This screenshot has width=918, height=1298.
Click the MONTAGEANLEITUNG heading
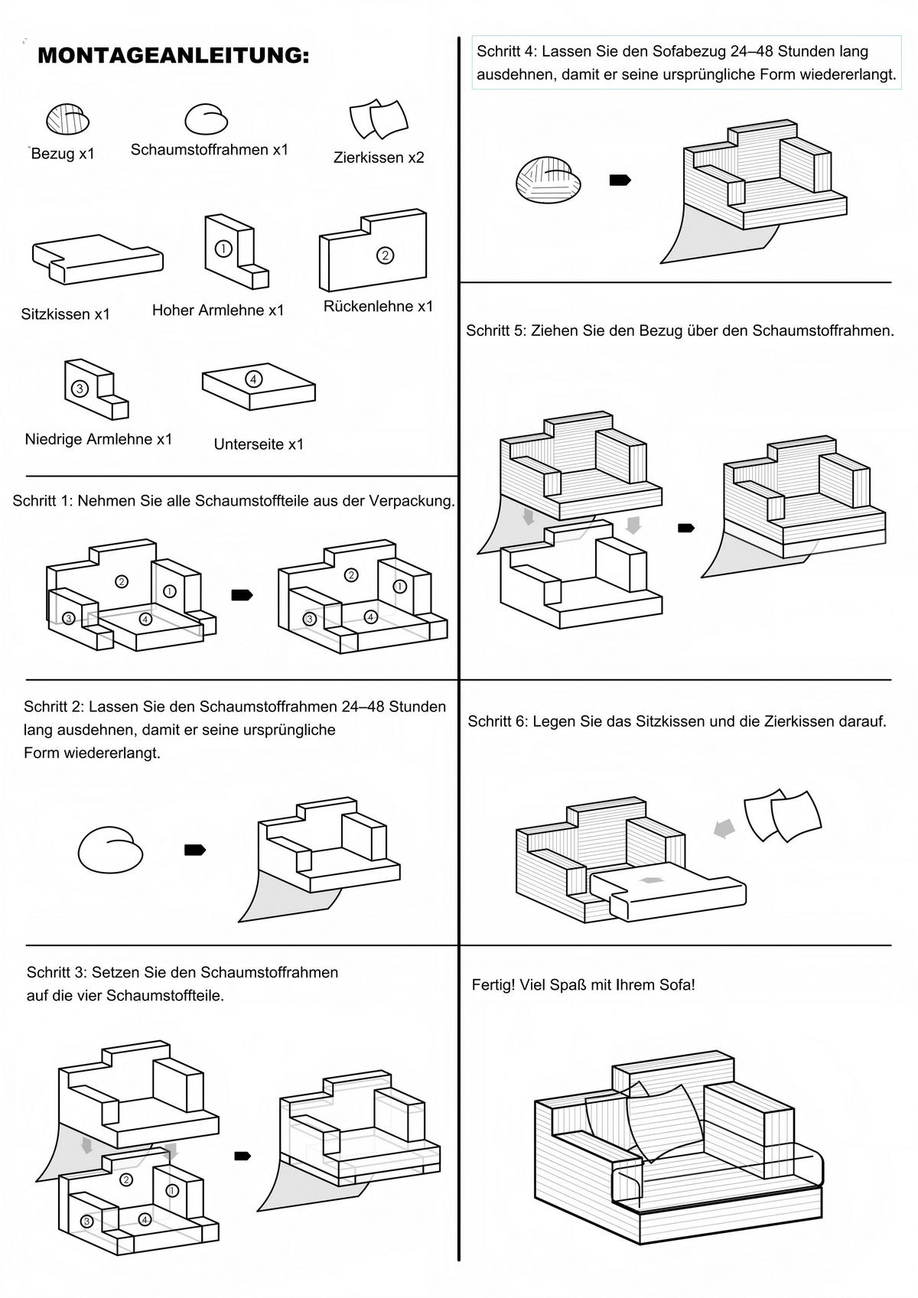point(173,56)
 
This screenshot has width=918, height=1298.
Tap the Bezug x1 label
point(63,154)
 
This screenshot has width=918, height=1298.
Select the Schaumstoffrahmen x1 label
point(209,150)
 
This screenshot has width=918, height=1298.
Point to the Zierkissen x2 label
point(379,158)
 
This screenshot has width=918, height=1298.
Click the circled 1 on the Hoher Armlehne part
point(223,249)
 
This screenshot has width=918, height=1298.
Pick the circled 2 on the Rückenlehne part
point(385,255)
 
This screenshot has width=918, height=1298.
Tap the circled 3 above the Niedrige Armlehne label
point(79,389)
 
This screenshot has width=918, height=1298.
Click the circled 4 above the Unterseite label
point(254,379)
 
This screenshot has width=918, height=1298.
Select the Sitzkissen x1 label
point(66,314)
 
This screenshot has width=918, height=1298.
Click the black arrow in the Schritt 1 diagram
point(242,595)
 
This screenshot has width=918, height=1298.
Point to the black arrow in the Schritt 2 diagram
point(195,850)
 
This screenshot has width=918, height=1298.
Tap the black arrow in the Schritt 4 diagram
point(620,180)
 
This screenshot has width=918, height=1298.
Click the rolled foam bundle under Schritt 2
point(111,849)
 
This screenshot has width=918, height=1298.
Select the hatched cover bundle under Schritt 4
point(549,181)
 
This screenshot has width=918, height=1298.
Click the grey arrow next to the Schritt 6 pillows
point(724,828)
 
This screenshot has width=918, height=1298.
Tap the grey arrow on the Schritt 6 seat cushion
point(652,880)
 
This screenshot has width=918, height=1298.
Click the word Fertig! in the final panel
point(493,985)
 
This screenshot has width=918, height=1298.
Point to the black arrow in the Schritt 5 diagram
point(686,528)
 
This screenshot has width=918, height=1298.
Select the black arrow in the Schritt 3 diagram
point(242,1156)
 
